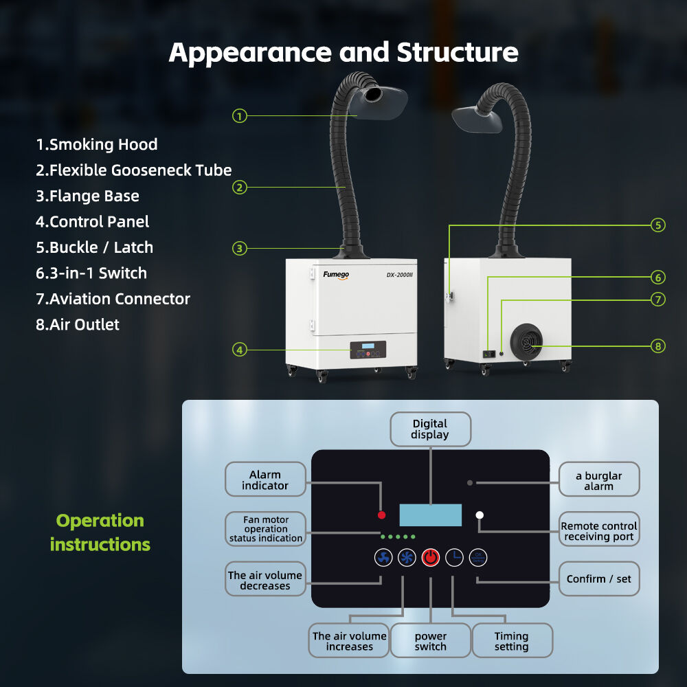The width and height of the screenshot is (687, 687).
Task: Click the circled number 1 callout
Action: point(239,116)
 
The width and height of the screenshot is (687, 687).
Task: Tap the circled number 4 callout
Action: point(239,350)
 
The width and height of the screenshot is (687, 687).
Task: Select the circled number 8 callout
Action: point(658,346)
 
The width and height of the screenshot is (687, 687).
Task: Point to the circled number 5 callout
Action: point(658,225)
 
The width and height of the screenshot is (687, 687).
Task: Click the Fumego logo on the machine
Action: point(337,275)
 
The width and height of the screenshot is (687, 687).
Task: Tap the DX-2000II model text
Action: point(399,275)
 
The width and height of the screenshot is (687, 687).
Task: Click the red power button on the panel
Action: point(431,557)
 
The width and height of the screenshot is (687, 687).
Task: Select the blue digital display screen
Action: point(431,515)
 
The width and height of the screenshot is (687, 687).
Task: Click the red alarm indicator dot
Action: point(381,515)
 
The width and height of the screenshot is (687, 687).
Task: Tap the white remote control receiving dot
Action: point(480,515)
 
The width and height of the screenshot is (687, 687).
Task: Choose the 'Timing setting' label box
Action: point(512,641)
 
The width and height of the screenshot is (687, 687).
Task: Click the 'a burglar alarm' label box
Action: point(599,480)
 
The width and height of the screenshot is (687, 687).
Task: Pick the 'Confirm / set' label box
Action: point(599,579)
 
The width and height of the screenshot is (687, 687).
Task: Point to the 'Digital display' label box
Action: point(431,429)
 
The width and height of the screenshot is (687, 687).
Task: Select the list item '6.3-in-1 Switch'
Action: point(91,273)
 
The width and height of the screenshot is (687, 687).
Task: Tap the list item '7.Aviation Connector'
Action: point(113,299)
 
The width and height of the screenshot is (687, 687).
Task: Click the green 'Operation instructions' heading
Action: point(100,532)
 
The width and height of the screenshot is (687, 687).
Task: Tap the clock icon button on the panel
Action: point(454,557)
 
